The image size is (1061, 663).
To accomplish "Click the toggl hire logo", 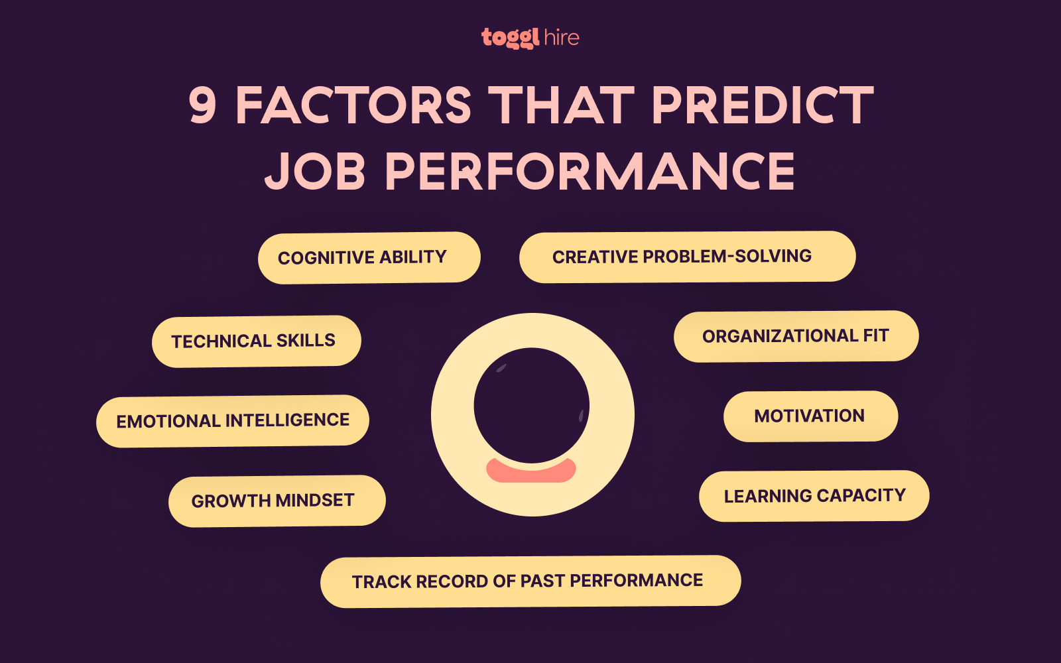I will [530, 38].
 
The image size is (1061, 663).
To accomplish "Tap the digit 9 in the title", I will [203, 105].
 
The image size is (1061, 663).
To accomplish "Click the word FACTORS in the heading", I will [353, 105].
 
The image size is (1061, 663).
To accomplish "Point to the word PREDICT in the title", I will [762, 105].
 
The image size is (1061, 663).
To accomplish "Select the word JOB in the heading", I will [315, 171].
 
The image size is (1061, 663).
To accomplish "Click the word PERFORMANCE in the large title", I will [590, 171].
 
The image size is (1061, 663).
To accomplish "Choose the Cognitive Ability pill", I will [369, 257].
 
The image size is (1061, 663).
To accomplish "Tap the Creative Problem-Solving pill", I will [687, 257].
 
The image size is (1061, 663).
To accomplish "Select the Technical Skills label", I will [256, 341].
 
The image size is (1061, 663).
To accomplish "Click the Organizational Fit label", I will [796, 336].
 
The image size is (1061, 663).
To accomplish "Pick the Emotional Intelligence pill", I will [233, 421].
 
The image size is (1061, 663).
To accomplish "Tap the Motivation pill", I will [810, 416].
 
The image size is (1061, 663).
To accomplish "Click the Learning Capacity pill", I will [814, 496].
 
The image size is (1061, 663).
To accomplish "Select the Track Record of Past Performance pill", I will [530, 581].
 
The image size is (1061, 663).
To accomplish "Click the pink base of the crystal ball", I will [530, 471].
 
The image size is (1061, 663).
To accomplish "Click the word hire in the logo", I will [561, 38].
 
